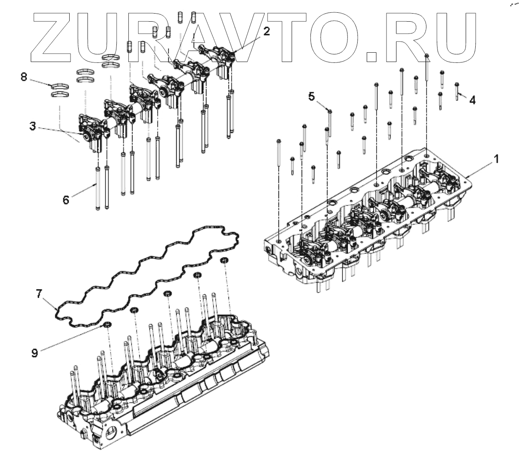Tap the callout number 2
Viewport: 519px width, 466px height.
pos(265,31)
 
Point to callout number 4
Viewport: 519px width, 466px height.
pos(472,100)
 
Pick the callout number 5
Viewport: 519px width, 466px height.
pos(312,96)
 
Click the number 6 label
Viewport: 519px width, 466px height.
pos(66,199)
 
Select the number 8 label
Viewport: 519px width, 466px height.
pos(24,77)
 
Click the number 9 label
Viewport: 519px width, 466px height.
pos(35,352)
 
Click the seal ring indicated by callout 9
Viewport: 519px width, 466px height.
pos(107,325)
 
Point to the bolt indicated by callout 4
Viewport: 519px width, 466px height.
pos(457,90)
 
